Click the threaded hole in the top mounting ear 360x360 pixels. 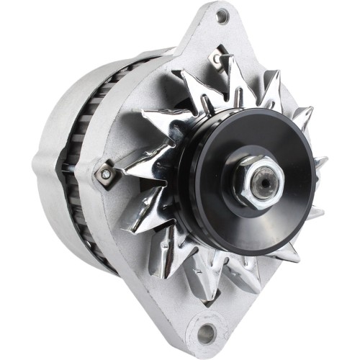(222, 16)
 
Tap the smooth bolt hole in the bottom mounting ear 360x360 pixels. (207, 333)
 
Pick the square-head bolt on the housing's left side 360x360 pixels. (106, 174)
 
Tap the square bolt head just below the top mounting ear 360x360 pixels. (215, 58)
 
